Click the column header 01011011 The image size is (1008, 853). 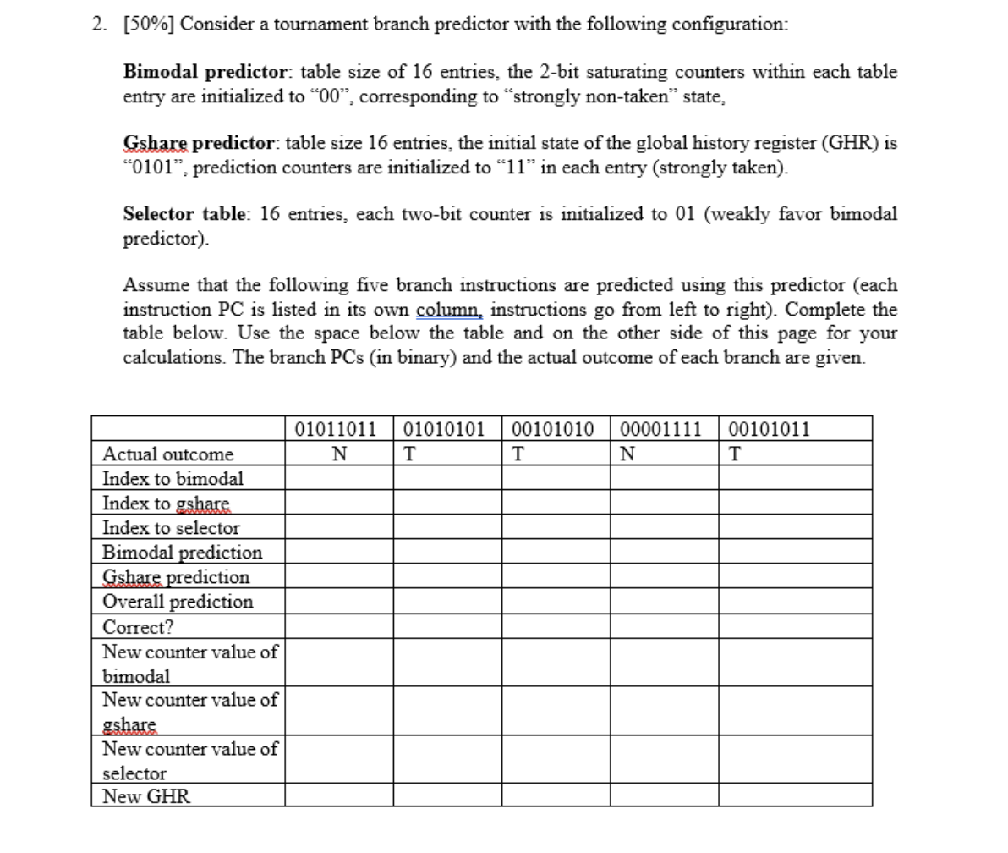(338, 429)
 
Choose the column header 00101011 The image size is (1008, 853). (769, 429)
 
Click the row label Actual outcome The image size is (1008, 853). (167, 454)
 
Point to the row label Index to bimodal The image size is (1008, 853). (173, 479)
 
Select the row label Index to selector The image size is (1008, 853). (171, 528)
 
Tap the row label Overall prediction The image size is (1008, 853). (178, 602)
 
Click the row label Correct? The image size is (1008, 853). (138, 627)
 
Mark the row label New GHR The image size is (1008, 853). (146, 796)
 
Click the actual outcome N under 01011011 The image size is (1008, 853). (338, 454)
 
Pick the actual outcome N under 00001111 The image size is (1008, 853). (627, 454)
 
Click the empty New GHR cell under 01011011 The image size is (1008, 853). (338, 796)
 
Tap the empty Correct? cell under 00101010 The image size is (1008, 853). (556, 627)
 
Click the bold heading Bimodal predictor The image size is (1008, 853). (207, 72)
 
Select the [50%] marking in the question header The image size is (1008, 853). (147, 24)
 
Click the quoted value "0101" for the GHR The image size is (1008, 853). (149, 168)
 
